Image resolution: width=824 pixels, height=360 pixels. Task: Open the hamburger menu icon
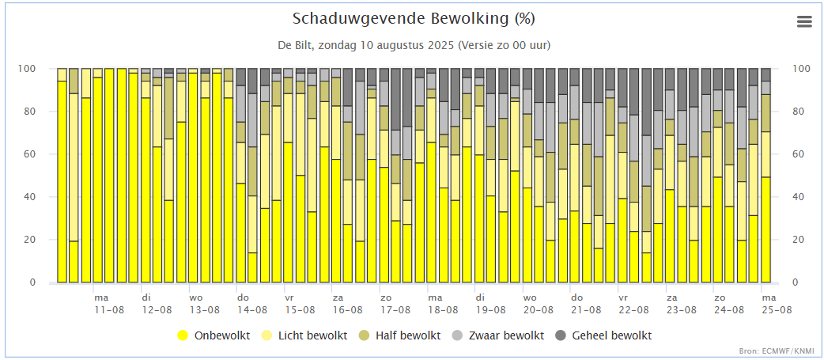click(804, 21)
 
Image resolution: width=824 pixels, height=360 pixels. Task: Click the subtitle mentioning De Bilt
click(414, 45)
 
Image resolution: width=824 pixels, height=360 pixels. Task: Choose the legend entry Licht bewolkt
click(312, 335)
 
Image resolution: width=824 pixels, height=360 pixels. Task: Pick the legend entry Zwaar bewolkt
click(505, 335)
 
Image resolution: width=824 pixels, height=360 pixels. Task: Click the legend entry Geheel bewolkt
click(612, 335)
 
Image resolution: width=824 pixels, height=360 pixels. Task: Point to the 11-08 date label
click(110, 310)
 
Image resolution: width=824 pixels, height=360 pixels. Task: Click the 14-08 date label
click(253, 310)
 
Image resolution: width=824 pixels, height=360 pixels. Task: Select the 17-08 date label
click(395, 310)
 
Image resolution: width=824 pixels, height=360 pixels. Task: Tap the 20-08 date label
click(539, 310)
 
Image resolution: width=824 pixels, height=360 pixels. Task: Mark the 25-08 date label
click(777, 310)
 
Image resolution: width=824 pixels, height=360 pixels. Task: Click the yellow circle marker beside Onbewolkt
click(183, 335)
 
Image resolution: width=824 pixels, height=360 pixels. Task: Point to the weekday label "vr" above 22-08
click(623, 297)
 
